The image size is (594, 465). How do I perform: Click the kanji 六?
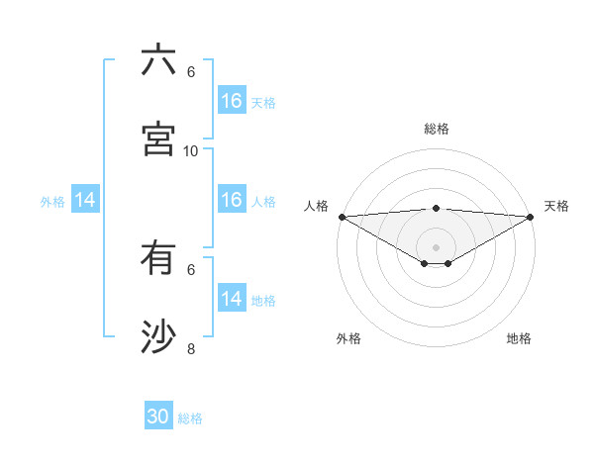click(x=158, y=60)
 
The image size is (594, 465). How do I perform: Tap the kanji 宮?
click(x=158, y=139)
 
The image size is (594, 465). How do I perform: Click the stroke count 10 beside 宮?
click(x=191, y=150)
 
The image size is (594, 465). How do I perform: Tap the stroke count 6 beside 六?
click(x=191, y=72)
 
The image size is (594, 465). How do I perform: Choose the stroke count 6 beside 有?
click(x=191, y=269)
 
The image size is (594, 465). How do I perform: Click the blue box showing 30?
click(x=158, y=418)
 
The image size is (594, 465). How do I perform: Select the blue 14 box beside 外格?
click(x=85, y=201)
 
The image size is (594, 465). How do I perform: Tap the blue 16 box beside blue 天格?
click(x=232, y=101)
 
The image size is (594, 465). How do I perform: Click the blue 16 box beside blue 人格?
click(x=232, y=200)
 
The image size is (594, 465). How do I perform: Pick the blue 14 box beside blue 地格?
click(x=232, y=299)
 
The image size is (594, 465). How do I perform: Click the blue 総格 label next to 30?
click(x=190, y=418)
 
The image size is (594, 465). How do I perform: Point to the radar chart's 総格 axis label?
click(x=437, y=129)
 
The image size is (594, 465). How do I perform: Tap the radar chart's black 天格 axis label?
click(x=556, y=206)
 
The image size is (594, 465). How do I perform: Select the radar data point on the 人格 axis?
click(x=342, y=217)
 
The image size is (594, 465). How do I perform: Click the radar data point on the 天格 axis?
click(x=531, y=217)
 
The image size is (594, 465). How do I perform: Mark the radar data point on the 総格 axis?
click(x=437, y=208)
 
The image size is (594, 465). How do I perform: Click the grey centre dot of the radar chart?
click(x=437, y=246)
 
